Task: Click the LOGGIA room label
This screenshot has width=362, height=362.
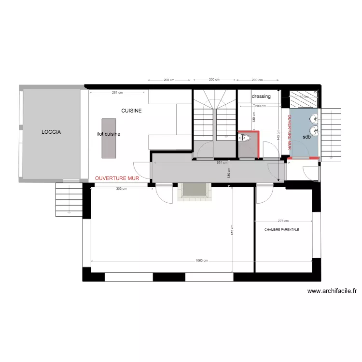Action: (x=51, y=131)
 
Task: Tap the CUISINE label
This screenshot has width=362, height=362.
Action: (x=131, y=111)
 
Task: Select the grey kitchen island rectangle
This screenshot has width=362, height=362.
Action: (x=109, y=138)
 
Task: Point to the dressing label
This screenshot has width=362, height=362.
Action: (x=261, y=96)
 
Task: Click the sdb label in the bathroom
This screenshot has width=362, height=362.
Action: (x=306, y=137)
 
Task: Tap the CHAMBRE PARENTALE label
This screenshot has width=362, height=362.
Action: (x=282, y=230)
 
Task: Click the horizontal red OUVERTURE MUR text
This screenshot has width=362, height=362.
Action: (x=117, y=178)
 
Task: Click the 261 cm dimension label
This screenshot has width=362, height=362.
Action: (x=117, y=92)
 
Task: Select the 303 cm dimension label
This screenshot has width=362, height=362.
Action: (x=122, y=189)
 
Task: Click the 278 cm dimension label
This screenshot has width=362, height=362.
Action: (x=277, y=221)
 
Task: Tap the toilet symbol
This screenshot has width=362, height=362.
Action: (x=246, y=138)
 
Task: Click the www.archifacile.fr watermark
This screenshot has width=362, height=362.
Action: (x=332, y=291)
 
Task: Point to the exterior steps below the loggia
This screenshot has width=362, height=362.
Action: (x=69, y=199)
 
